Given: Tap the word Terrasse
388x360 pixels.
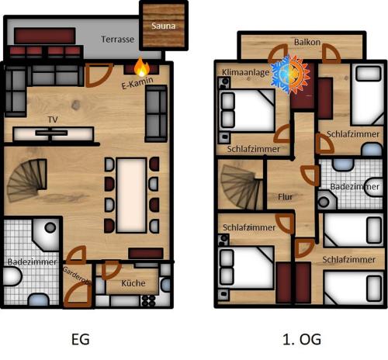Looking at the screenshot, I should [118, 39].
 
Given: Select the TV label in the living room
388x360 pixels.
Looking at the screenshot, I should [53, 119].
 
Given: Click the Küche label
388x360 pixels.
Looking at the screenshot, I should [133, 283].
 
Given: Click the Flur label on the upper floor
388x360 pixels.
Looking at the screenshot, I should [286, 197].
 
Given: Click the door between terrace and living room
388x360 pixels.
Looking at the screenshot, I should [99, 75].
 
